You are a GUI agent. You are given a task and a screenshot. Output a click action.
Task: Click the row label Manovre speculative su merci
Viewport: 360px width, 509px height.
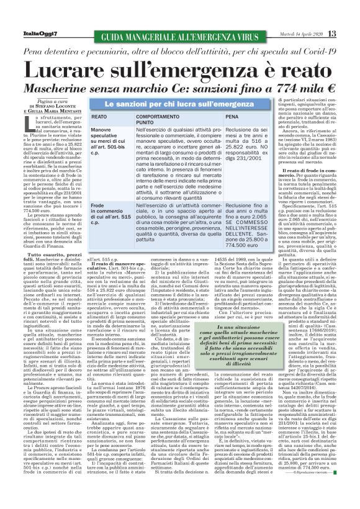pos(92,140)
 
